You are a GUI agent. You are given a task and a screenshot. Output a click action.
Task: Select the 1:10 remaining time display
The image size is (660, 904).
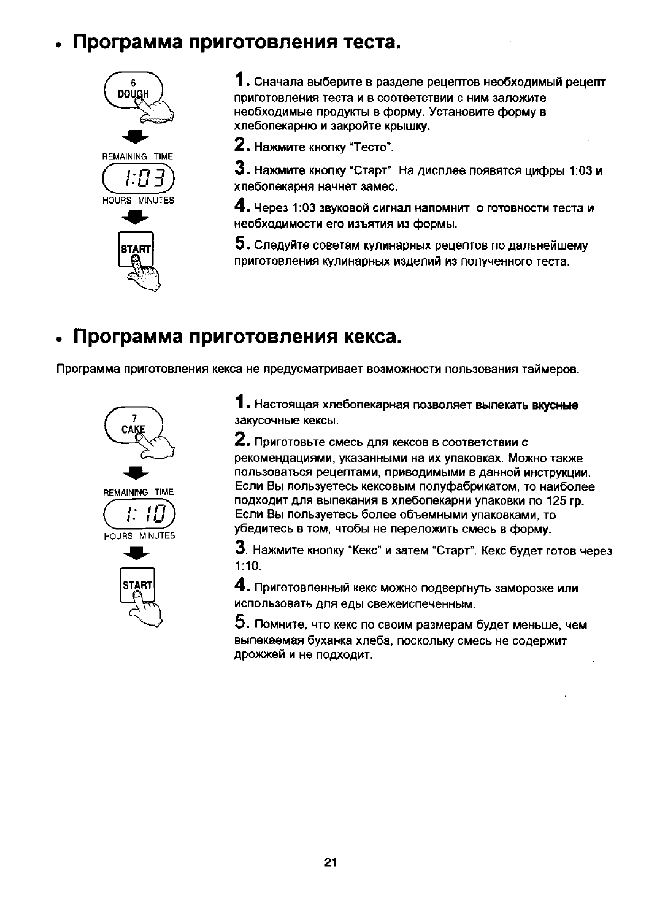[x=139, y=513]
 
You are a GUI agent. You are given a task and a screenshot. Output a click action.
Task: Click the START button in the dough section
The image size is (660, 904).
[x=136, y=250]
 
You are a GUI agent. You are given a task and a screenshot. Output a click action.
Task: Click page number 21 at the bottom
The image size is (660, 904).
[x=330, y=862]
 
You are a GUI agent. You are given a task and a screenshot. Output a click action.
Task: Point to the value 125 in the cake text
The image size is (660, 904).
[x=555, y=501]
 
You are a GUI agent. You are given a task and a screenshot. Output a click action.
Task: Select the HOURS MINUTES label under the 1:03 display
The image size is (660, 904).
[x=138, y=201]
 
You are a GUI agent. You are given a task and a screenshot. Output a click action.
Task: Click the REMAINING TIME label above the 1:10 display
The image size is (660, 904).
[x=138, y=492]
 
